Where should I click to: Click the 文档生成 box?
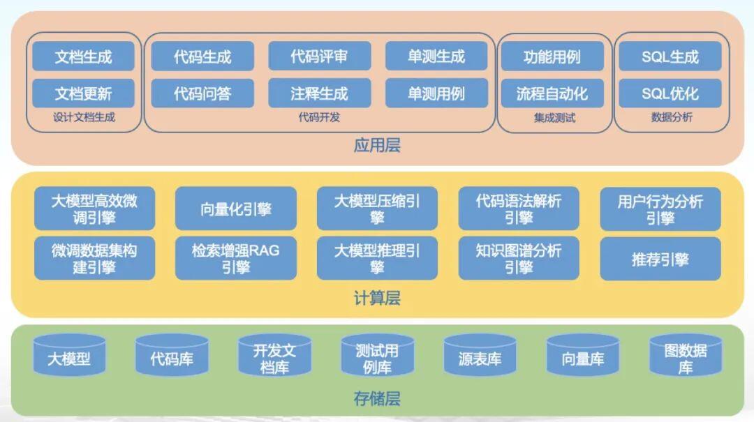coord(83,56)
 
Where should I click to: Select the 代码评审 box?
coord(319,56)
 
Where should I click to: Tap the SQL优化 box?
coord(670,93)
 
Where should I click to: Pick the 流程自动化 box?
coord(552,93)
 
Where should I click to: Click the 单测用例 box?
coord(436,93)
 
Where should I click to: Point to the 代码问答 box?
coord(202,93)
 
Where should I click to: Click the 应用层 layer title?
coord(377,144)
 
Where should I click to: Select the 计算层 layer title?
coord(377,298)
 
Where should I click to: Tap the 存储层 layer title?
coord(377,398)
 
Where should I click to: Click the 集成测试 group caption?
coord(554,118)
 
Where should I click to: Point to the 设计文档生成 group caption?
coord(84,117)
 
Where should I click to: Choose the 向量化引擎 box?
coord(236,209)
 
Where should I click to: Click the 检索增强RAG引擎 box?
coord(236,258)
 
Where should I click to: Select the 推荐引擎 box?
coord(660,259)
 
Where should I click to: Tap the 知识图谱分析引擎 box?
coord(518,258)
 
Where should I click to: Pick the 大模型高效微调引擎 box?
coord(94,209)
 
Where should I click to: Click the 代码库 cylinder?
coord(172,356)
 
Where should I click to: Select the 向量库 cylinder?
coord(583,356)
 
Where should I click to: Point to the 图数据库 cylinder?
coord(686,356)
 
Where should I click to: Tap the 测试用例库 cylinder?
coord(377,356)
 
